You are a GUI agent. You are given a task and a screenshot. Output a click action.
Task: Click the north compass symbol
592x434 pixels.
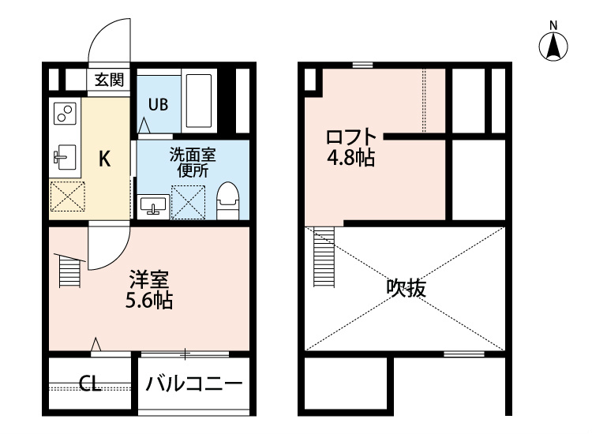(555, 46)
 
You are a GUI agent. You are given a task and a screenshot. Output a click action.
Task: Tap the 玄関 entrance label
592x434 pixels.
(110, 79)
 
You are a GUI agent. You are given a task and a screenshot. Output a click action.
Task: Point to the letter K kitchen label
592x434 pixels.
(104, 159)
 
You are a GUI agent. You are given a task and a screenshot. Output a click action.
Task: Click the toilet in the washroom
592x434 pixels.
(227, 200)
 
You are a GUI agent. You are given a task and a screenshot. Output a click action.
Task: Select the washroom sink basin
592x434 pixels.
(153, 206)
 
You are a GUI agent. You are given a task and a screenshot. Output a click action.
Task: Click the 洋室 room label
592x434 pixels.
(150, 280)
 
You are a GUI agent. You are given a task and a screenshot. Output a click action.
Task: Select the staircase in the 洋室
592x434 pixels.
(69, 271)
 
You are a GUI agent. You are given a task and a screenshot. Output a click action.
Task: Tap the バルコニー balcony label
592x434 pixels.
(193, 385)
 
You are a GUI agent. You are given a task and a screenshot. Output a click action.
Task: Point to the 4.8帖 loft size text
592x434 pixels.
(350, 158)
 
